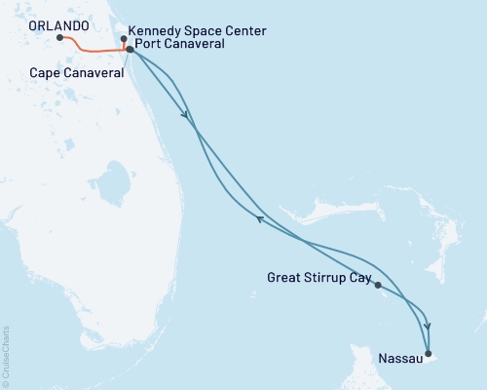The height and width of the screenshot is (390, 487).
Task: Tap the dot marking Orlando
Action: click(x=60, y=38)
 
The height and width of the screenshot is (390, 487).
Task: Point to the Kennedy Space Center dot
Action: click(x=123, y=39)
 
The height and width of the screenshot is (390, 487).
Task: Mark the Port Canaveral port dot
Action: click(x=130, y=49)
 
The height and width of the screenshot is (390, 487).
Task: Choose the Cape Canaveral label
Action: click(x=75, y=71)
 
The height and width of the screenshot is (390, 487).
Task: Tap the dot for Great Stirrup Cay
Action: click(x=377, y=286)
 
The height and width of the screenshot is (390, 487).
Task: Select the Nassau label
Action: click(x=401, y=360)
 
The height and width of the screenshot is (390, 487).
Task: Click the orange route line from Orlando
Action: click(x=93, y=50)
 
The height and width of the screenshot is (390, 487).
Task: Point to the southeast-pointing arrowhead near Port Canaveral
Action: click(x=185, y=115)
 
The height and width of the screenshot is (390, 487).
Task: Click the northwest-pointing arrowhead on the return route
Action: click(x=259, y=219)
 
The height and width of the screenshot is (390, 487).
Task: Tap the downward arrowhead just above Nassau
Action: click(x=428, y=328)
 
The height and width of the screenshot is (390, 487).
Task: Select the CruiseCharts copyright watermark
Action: click(x=6, y=356)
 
